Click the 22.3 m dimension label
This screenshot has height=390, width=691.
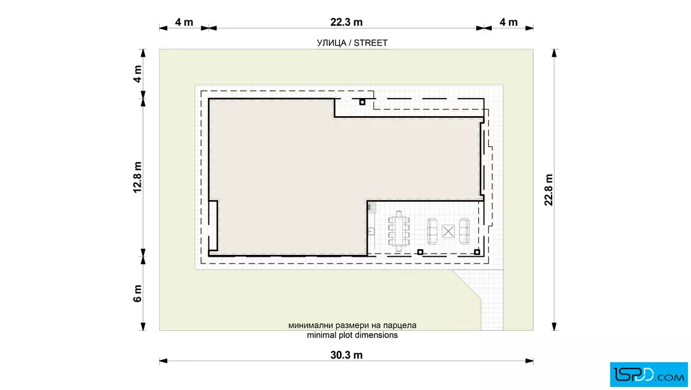346,22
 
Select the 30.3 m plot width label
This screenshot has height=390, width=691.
346,355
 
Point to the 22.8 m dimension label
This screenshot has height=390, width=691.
548,190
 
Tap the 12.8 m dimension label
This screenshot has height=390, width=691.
138,177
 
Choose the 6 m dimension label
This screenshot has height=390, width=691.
138,294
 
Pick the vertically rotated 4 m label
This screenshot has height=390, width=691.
138,74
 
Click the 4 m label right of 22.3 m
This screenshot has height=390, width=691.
508,22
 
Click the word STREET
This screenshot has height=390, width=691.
371,43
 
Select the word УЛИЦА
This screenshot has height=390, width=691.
331,43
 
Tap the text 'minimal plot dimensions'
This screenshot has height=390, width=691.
352,335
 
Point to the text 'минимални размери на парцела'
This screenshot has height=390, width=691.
352,326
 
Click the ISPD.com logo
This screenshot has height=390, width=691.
648,375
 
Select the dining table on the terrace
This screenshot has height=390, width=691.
399,231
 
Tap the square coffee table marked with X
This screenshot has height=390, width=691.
448,231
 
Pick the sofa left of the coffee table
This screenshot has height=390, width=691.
432,231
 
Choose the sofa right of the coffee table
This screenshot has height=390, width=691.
464,231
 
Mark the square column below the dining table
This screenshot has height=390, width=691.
420,252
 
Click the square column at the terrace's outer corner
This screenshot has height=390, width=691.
477,252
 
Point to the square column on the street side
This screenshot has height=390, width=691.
362,102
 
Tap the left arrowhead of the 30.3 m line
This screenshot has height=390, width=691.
163,361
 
